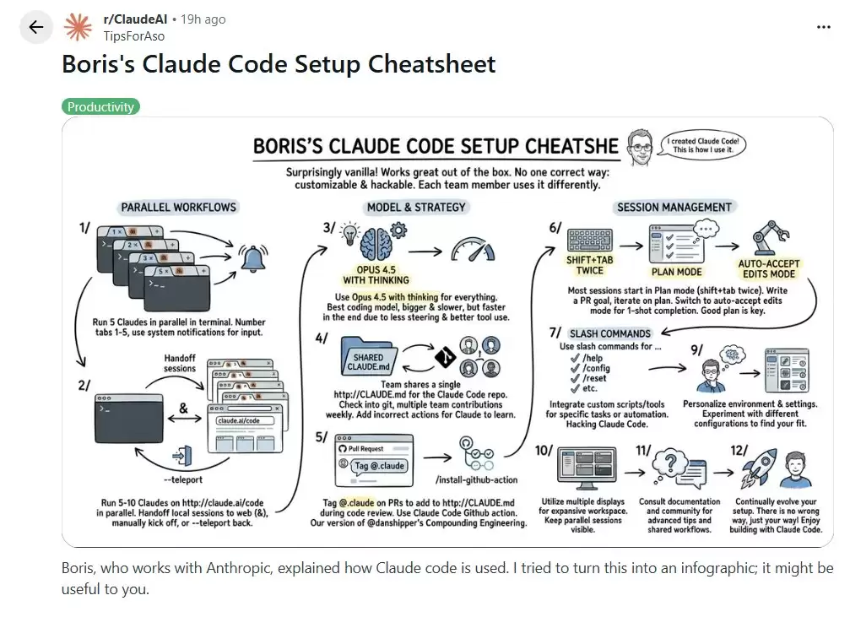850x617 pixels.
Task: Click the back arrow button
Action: pyautogui.click(x=35, y=27)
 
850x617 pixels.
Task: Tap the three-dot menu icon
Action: pyautogui.click(x=823, y=27)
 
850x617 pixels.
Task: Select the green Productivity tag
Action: pyautogui.click(x=100, y=107)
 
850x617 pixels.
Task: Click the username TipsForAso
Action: pyautogui.click(x=133, y=36)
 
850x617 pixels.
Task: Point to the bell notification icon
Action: pyautogui.click(x=253, y=258)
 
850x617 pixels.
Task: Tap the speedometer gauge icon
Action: pyautogui.click(x=473, y=249)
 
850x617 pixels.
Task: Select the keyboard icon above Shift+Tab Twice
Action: pyautogui.click(x=589, y=239)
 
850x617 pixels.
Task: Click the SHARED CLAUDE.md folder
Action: pyautogui.click(x=369, y=358)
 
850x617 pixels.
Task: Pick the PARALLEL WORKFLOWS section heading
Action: pyautogui.click(x=179, y=207)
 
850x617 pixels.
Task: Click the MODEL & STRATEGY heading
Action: pyautogui.click(x=415, y=207)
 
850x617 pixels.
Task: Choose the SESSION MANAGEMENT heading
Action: pyautogui.click(x=674, y=207)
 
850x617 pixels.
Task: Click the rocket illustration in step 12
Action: pyautogui.click(x=755, y=467)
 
